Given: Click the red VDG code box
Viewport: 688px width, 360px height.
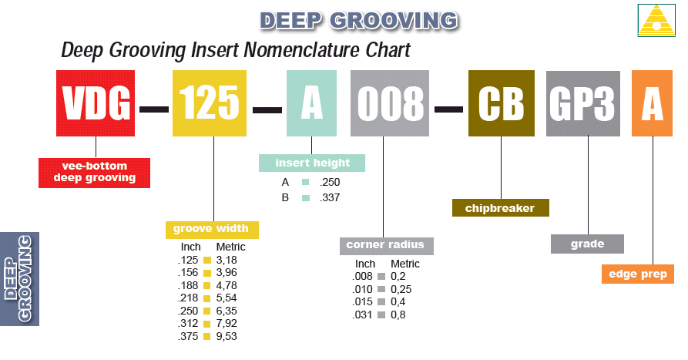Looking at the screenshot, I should point(96,103).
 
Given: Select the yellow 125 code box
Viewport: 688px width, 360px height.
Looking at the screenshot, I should point(210,103).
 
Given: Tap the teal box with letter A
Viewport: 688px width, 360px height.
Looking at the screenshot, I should point(311,103).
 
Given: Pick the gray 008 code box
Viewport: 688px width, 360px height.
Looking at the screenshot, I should point(389,103).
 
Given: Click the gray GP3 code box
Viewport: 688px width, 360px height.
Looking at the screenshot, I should point(583,103).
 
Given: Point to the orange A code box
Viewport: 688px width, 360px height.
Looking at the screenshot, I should point(652,103).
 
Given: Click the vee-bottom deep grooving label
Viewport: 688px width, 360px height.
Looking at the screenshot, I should point(94,172).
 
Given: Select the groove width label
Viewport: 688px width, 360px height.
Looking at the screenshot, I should point(212,229).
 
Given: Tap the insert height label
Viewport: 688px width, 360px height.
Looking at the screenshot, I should point(311,163).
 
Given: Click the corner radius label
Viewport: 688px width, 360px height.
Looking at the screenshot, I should point(385,245).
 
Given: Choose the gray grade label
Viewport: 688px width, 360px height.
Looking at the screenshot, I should point(587,244).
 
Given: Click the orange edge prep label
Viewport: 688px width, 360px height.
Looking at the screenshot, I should point(637,274).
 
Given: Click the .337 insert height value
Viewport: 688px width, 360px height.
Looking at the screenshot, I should point(329,197).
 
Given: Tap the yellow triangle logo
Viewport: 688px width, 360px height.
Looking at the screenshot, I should point(656,19).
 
